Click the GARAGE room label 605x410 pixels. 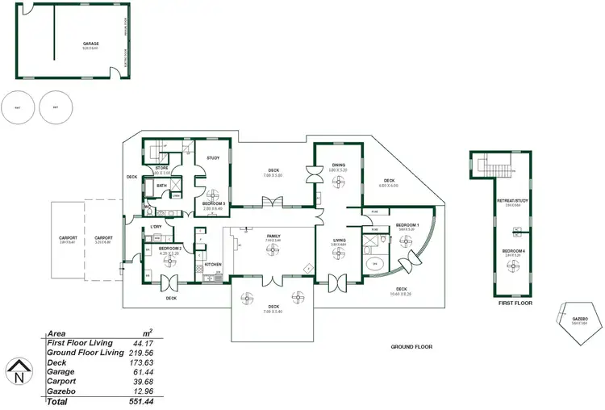coord(90,43)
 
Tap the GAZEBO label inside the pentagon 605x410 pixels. coord(579,319)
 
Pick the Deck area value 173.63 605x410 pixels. coord(147,362)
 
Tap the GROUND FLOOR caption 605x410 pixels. coord(411,347)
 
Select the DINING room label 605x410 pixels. coord(338,165)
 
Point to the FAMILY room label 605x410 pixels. coord(273,236)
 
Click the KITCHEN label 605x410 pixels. coord(213,264)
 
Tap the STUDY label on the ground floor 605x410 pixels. coord(213,158)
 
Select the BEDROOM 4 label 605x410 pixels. coord(513,251)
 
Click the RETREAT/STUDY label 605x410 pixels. coord(513,202)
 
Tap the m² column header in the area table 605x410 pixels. coord(148,333)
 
